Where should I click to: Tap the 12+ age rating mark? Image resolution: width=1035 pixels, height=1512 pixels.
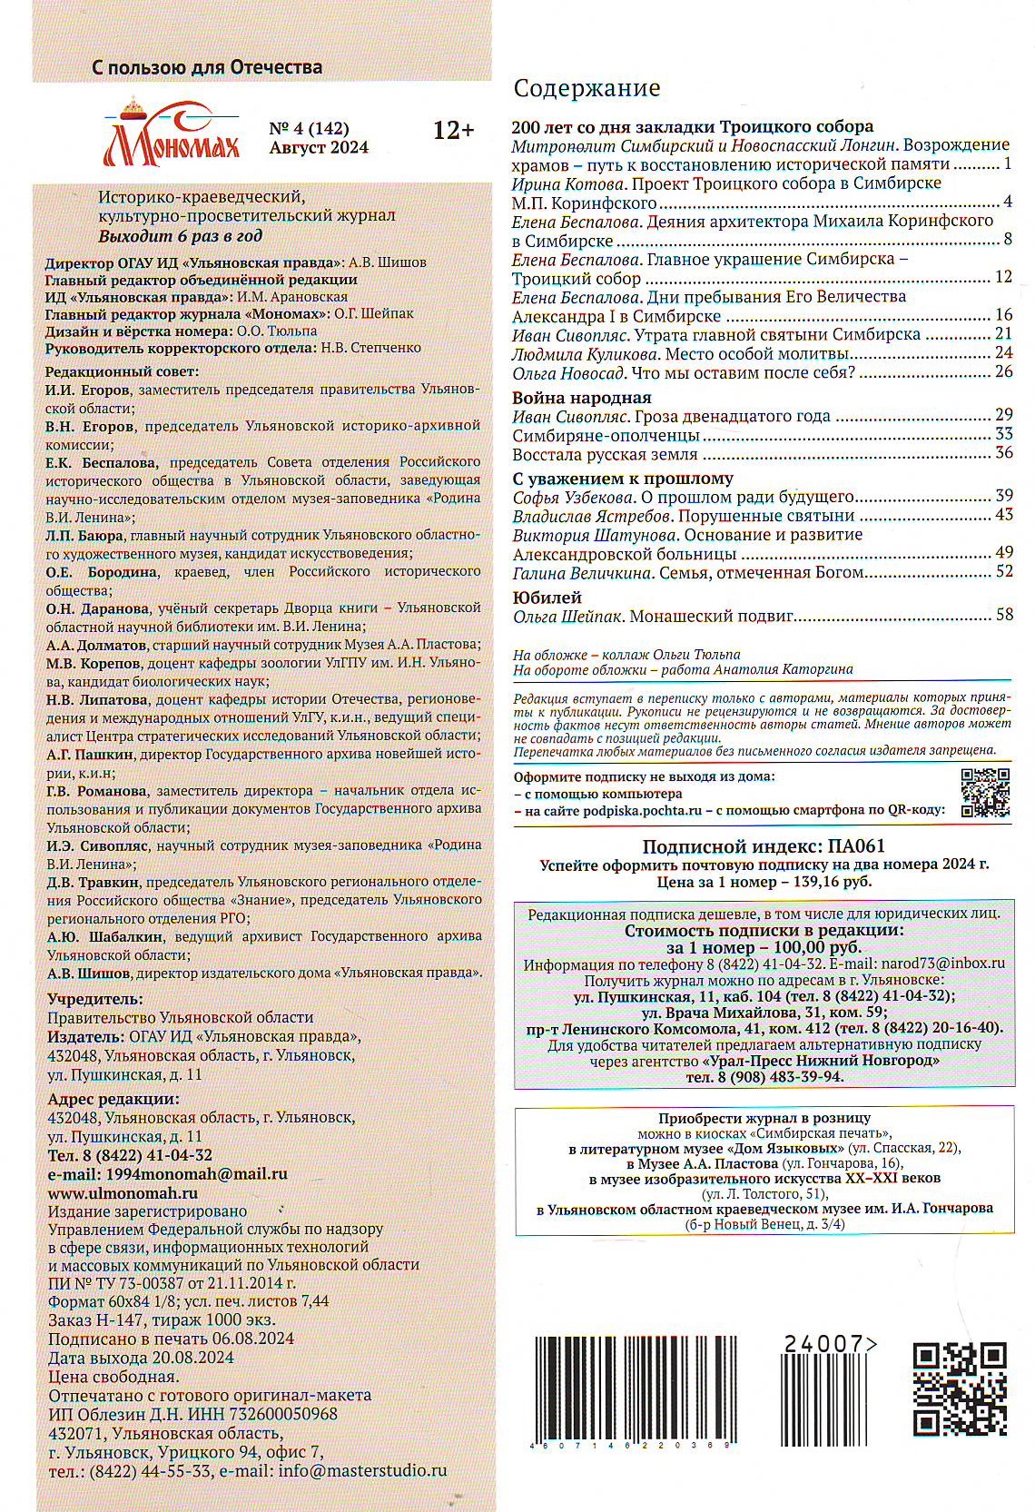pyautogui.click(x=453, y=131)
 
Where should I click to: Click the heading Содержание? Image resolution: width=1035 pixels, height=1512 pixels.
pyautogui.click(x=586, y=88)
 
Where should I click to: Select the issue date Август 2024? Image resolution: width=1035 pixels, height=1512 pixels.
pyautogui.click(x=319, y=148)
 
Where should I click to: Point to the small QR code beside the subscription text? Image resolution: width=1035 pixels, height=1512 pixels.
pyautogui.click(x=985, y=793)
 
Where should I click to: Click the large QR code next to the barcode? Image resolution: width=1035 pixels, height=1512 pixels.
pyautogui.click(x=959, y=1389)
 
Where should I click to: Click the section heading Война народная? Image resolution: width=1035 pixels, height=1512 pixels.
pyautogui.click(x=581, y=397)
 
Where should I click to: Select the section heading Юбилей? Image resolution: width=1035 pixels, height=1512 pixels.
pyautogui.click(x=547, y=597)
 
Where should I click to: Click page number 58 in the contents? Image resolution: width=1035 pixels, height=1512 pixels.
pyautogui.click(x=1003, y=616)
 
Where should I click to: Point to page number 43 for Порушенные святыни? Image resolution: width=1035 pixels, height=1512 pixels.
pyautogui.click(x=1003, y=515)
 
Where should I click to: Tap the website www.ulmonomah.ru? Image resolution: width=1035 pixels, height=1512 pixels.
pyautogui.click(x=123, y=1193)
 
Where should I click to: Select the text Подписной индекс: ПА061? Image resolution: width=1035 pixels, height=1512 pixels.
pyautogui.click(x=764, y=846)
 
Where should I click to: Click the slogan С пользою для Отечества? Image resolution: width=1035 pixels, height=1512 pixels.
pyautogui.click(x=207, y=67)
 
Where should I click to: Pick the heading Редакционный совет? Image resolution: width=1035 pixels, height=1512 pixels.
pyautogui.click(x=121, y=371)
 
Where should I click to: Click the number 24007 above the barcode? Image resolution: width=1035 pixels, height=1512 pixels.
pyautogui.click(x=826, y=1345)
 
